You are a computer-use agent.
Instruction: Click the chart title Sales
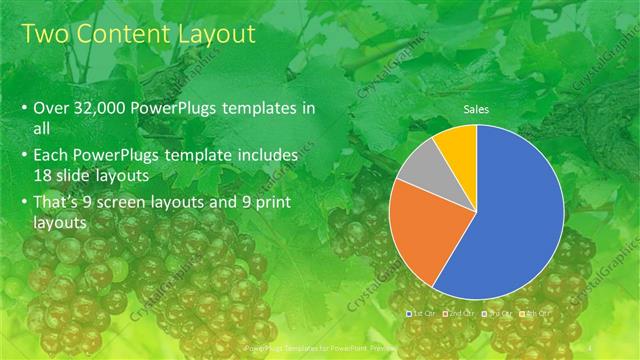point(475,110)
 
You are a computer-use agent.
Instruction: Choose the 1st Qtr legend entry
point(422,314)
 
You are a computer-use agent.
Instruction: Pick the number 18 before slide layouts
point(43,176)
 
